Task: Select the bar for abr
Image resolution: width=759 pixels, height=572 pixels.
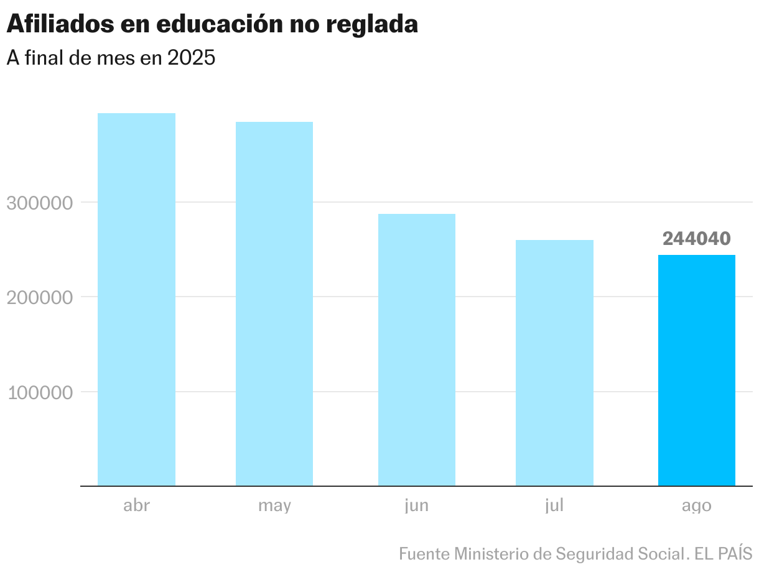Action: click(x=136, y=299)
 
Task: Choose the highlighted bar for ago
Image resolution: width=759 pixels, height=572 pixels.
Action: click(x=697, y=370)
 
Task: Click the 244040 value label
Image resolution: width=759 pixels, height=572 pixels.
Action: click(x=697, y=239)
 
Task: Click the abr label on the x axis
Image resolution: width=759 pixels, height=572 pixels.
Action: click(x=136, y=505)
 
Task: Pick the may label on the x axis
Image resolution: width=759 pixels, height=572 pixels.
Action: click(x=274, y=506)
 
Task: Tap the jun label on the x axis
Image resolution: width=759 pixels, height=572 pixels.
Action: click(x=417, y=506)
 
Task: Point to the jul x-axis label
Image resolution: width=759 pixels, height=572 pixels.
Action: click(x=554, y=506)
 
